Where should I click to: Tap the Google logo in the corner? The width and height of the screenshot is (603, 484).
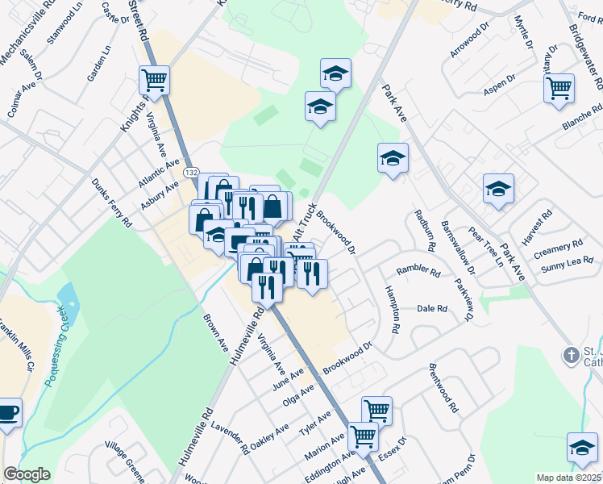click(27, 474)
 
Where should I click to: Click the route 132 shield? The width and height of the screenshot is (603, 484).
click(190, 173)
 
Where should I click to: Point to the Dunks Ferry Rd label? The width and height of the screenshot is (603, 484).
click(111, 202)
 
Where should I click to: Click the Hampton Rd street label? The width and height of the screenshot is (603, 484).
click(393, 310)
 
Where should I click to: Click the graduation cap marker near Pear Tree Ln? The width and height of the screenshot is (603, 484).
click(498, 190)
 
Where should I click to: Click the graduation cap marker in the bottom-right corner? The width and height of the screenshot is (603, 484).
click(582, 449)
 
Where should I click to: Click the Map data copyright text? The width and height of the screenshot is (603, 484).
click(569, 478)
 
